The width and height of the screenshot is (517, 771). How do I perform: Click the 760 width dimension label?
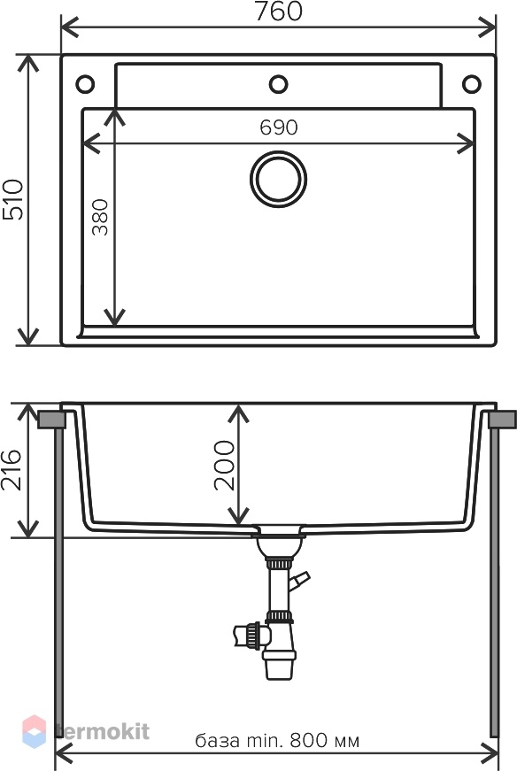point(279,12)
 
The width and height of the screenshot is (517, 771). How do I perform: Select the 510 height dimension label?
point(12,199)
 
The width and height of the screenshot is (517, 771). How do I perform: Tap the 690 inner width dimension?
point(279,127)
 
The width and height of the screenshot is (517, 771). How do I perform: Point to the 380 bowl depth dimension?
point(100,217)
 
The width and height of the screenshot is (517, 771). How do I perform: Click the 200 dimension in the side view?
point(224,465)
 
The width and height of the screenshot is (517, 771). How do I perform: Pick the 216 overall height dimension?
point(11,470)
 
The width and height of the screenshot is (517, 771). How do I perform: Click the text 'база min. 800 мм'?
point(277,740)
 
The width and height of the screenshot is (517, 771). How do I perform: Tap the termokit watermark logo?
point(86,732)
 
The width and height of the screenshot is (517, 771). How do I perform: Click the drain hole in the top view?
point(279,180)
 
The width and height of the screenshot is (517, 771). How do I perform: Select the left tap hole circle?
point(85,84)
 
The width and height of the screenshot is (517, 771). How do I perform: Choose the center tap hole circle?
point(279,84)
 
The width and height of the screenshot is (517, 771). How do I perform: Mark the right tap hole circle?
point(472,84)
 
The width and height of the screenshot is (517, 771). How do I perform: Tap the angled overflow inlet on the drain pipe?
point(299,581)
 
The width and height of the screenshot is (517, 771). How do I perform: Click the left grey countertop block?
point(51,420)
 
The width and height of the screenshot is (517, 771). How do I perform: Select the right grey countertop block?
point(503,420)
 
